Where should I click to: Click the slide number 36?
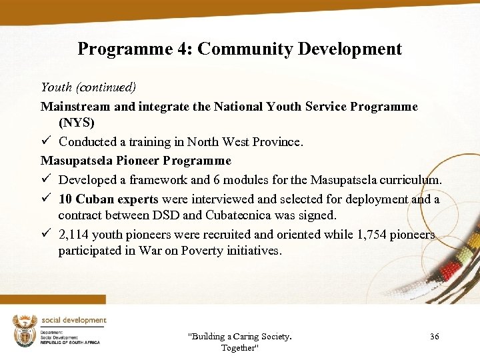(x=435, y=337)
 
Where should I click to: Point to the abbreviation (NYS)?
(x=77, y=123)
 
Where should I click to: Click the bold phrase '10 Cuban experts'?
(x=108, y=199)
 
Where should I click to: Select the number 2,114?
(x=74, y=235)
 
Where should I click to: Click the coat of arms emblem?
(x=25, y=331)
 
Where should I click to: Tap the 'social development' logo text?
(x=73, y=321)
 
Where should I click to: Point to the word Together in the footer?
(x=239, y=348)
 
